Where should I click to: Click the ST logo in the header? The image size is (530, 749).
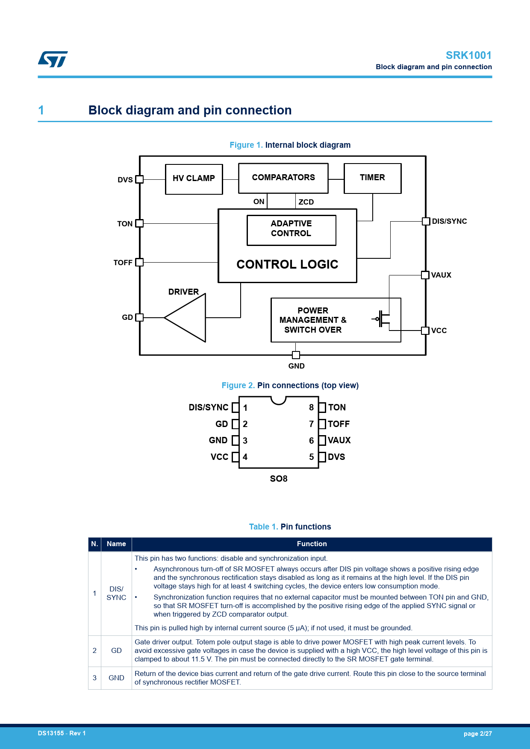(53, 59)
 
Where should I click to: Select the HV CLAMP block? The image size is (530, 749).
(194, 179)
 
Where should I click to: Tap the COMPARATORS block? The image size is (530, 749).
(283, 178)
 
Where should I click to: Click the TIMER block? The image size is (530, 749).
(372, 178)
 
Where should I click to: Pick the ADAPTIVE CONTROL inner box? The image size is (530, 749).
(291, 230)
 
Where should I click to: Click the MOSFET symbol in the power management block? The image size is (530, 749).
(383, 319)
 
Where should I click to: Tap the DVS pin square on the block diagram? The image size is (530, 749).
(139, 179)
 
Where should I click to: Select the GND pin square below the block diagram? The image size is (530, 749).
(296, 355)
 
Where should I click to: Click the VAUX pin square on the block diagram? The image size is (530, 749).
(425, 275)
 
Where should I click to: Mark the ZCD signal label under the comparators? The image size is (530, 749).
(306, 202)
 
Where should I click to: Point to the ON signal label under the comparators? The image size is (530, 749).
(259, 202)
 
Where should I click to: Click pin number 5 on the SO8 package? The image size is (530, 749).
(312, 457)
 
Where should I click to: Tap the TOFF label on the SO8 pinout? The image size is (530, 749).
(339, 424)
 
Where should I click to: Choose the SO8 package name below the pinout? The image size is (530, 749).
(279, 479)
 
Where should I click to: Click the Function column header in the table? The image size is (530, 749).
(312, 544)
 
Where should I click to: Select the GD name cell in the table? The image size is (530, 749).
(116, 651)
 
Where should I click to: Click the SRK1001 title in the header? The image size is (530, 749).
(468, 56)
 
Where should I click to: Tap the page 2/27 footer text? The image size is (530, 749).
(477, 734)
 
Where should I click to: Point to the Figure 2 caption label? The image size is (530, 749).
(238, 386)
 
